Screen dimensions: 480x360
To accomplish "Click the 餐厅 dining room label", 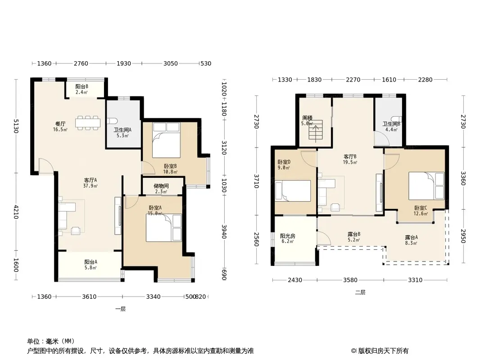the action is (60, 124).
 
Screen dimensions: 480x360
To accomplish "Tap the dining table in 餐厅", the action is (88, 123).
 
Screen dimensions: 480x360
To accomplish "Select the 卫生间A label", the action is (122, 130).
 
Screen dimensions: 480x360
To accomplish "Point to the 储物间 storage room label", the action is (161, 186).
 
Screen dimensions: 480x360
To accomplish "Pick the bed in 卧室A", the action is (163, 228).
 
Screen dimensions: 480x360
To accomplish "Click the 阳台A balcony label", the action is (91, 262).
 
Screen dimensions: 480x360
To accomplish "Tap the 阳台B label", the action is (82, 87).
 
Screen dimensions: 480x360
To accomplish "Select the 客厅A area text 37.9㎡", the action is (91, 186).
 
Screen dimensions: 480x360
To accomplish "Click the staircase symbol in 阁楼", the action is (316, 131).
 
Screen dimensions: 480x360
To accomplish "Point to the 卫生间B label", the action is (391, 124).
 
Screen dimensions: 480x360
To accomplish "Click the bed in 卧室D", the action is (293, 191).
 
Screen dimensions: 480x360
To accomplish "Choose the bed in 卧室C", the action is (426, 186).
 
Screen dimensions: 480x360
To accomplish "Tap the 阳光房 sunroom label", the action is (288, 236).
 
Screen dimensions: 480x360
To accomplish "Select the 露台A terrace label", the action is (411, 237).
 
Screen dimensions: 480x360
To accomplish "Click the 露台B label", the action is (354, 234).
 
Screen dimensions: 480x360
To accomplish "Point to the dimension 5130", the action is (16, 126).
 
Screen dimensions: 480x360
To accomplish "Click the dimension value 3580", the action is (350, 280).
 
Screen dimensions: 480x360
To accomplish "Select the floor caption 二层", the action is (360, 292).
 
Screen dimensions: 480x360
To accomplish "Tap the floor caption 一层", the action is (121, 309).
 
